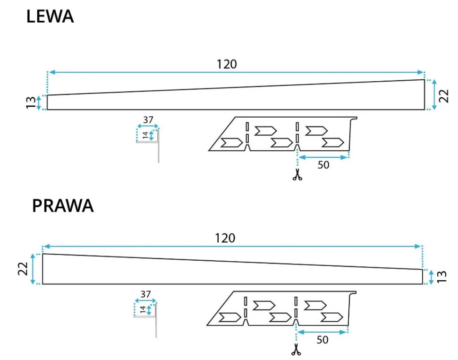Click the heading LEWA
click(50, 17)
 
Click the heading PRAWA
click(63, 206)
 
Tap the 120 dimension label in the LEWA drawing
click(227, 64)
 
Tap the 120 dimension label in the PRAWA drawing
click(225, 238)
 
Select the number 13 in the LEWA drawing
click(31, 103)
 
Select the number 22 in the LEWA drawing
click(444, 96)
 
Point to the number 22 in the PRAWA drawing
click(23, 269)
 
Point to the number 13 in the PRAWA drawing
click(441, 277)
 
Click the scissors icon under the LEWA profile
click(297, 174)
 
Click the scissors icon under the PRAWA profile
click(296, 350)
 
